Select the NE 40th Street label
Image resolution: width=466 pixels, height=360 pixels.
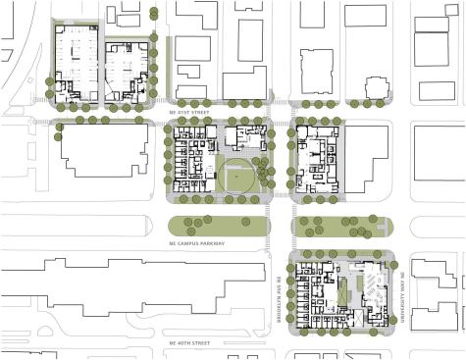(192, 343)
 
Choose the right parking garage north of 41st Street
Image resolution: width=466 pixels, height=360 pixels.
(125, 69)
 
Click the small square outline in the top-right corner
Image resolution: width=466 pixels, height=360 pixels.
(436, 90)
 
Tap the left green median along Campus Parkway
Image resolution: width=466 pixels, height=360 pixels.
(220, 226)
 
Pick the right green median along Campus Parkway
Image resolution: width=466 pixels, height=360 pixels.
(340, 227)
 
